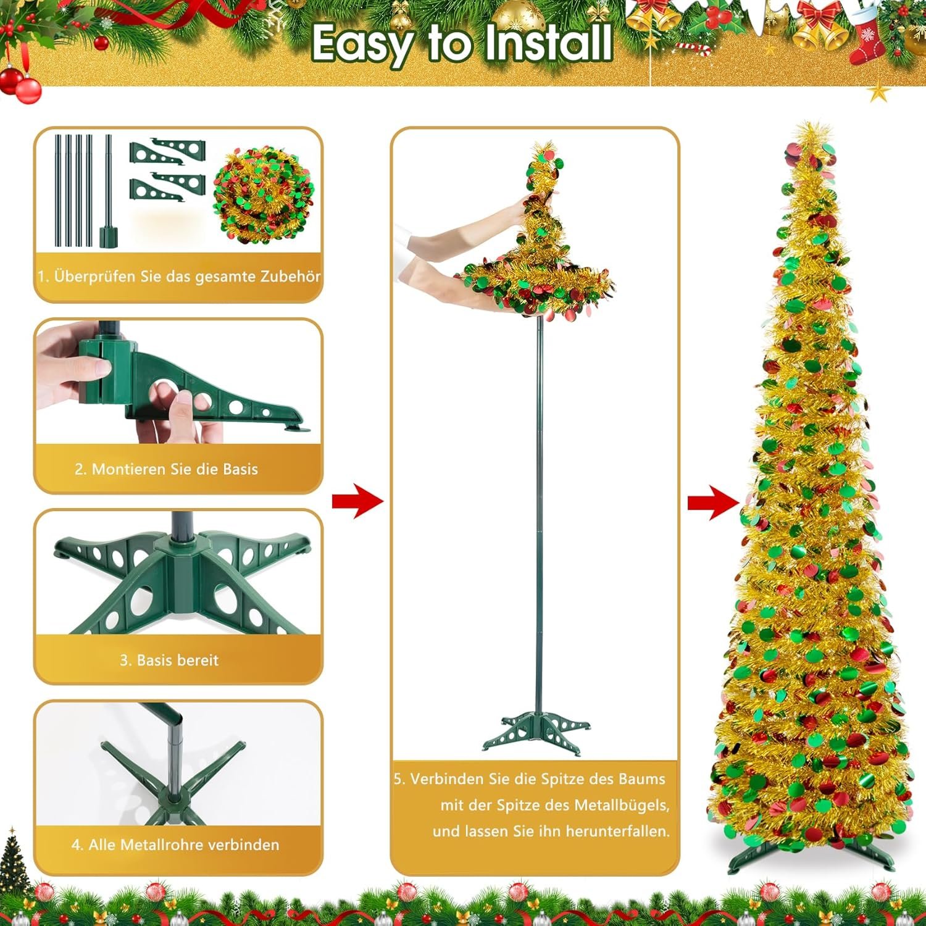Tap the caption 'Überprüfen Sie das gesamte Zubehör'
[x=179, y=276]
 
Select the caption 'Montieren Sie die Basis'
[x=166, y=469]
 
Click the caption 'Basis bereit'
[x=169, y=660]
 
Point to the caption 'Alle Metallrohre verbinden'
[x=175, y=845]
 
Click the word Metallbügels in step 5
[x=622, y=806]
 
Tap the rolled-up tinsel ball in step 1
[x=263, y=194]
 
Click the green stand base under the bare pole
[x=536, y=733]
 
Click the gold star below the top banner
[x=879, y=93]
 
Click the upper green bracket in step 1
[x=167, y=152]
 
